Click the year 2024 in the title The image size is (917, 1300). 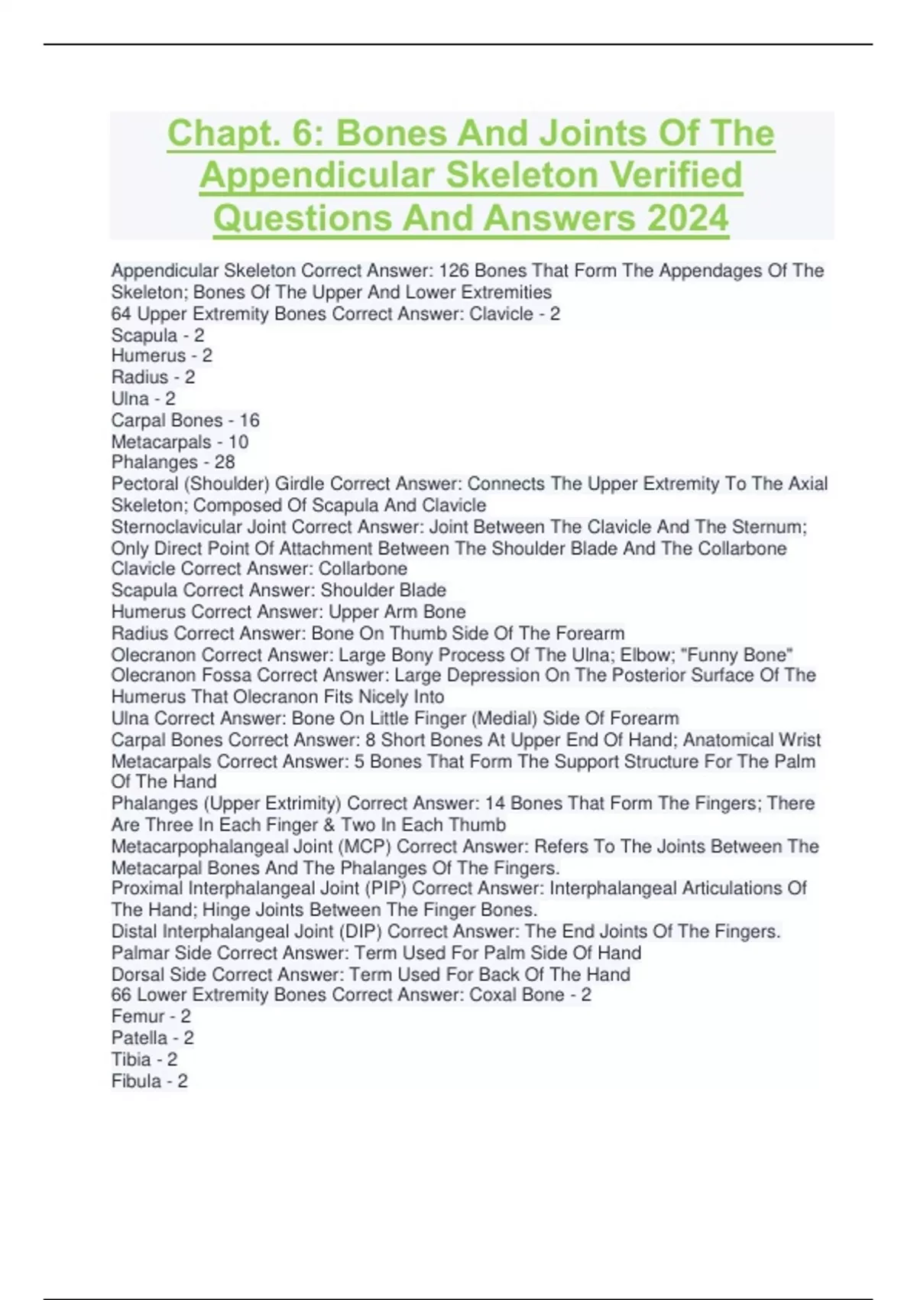(687, 218)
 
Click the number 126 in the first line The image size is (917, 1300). (454, 271)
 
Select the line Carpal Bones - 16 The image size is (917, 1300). (186, 421)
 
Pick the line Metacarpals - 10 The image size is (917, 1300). (180, 442)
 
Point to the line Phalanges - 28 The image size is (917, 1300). (173, 462)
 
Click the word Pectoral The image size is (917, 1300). (147, 484)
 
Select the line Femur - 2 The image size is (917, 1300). (151, 1016)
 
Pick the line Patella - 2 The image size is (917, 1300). (153, 1038)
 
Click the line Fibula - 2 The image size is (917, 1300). (150, 1081)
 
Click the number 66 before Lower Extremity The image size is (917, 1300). (122, 995)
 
